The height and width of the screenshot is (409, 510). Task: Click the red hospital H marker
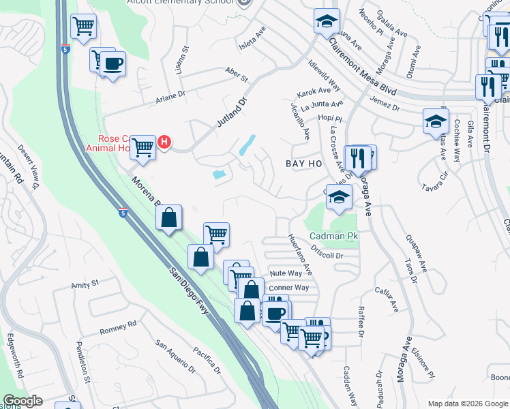[164, 142]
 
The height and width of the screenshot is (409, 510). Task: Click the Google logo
[22, 402]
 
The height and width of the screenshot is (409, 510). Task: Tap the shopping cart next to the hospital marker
[142, 146]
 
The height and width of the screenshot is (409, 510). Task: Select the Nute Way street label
[286, 273]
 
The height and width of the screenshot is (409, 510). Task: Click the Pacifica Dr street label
[206, 361]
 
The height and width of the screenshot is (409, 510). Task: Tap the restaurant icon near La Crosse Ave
[357, 157]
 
